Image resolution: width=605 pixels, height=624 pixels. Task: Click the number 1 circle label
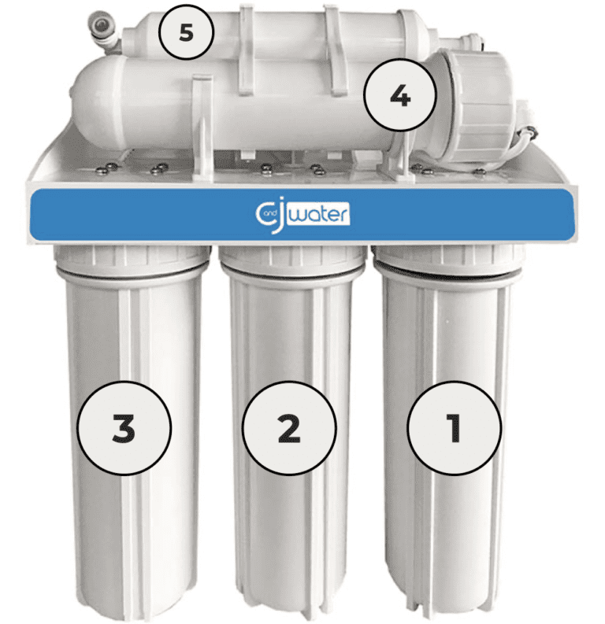tap(453, 428)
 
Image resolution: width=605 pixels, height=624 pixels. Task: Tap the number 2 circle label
tap(288, 428)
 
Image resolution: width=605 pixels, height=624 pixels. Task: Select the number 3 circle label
tap(124, 428)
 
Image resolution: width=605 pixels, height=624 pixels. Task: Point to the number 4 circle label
tap(399, 97)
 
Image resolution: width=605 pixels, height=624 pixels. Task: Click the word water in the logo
tap(323, 213)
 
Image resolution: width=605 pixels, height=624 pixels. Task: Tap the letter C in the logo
tap(265, 213)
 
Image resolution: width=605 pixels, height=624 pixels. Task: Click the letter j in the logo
tap(285, 213)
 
